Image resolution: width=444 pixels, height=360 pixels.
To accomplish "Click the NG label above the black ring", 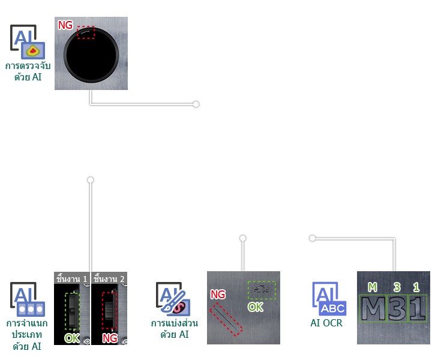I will [x=65, y=25].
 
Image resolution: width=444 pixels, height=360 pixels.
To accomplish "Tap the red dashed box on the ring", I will [x=86, y=32].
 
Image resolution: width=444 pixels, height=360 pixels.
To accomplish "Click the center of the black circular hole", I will [x=91, y=55].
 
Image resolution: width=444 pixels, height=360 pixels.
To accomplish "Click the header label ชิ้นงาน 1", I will [x=71, y=279].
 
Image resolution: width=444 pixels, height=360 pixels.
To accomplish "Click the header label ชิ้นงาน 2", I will [x=109, y=279].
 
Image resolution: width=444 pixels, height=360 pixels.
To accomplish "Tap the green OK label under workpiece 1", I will [x=72, y=338].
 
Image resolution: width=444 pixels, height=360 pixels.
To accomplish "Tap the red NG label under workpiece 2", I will [x=110, y=338].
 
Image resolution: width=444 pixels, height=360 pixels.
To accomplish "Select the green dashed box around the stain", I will [x=262, y=290].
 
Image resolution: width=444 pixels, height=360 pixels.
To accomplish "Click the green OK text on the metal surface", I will [x=256, y=307].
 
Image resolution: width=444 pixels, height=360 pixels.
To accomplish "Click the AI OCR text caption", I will [x=326, y=323].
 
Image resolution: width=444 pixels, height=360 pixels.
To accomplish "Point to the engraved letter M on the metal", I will [x=373, y=308].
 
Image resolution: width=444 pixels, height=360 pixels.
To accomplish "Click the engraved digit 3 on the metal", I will [x=397, y=308].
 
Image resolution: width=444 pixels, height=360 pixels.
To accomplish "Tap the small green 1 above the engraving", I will [x=416, y=287].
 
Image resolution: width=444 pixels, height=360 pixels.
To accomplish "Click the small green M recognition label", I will [x=373, y=287].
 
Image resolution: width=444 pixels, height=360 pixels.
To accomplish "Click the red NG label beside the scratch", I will [x=218, y=295].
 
